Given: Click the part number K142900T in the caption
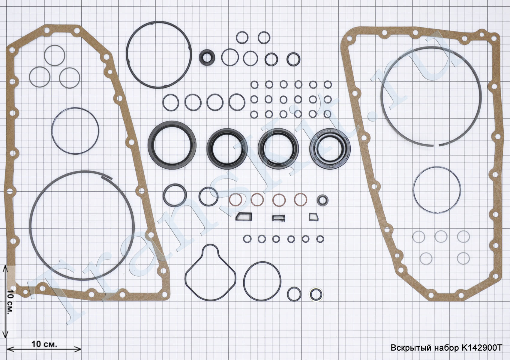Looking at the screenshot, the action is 482,348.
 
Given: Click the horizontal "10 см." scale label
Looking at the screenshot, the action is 44,344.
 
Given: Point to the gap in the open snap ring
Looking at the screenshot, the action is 436,145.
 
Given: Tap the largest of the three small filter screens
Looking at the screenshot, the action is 244,217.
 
